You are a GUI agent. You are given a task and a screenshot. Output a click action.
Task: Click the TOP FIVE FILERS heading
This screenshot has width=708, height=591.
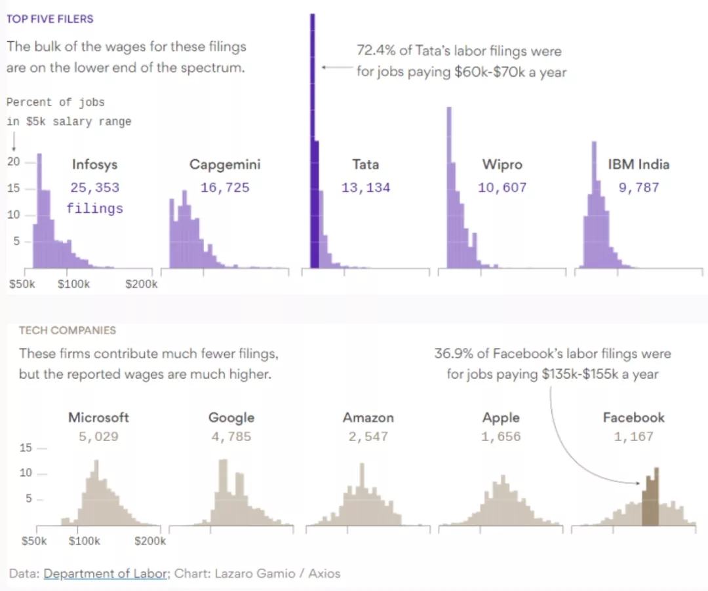(50, 19)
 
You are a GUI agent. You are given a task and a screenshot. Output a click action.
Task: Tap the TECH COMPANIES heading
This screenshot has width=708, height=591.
(67, 330)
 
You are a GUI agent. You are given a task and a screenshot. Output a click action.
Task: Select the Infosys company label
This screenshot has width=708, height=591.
(95, 164)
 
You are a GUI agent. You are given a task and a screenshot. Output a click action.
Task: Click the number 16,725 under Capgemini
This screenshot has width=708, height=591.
(225, 188)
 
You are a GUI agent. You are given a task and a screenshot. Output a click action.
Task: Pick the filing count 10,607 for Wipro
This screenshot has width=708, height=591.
(502, 188)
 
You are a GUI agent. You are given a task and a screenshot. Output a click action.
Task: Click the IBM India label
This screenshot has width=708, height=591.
(639, 164)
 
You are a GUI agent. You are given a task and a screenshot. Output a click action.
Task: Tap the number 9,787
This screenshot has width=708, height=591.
(639, 188)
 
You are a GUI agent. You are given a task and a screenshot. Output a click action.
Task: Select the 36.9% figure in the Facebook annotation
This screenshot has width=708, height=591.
(452, 354)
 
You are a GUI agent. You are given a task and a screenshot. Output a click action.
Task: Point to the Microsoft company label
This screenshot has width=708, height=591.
(98, 417)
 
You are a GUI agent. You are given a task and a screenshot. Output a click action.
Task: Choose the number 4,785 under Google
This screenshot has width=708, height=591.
(231, 436)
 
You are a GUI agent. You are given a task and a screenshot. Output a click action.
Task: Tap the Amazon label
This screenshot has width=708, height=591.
(368, 417)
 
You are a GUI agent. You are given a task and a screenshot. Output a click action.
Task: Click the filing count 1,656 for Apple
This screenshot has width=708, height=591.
(501, 436)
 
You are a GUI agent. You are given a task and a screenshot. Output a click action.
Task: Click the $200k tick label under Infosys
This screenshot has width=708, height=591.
(142, 284)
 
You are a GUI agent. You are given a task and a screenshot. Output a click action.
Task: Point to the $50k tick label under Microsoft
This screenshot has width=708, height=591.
(34, 541)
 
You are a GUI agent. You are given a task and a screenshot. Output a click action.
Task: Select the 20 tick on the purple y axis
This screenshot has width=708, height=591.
(13, 162)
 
